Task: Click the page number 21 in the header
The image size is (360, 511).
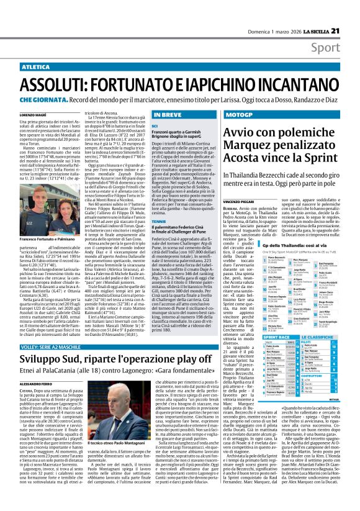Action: point(352,14)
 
